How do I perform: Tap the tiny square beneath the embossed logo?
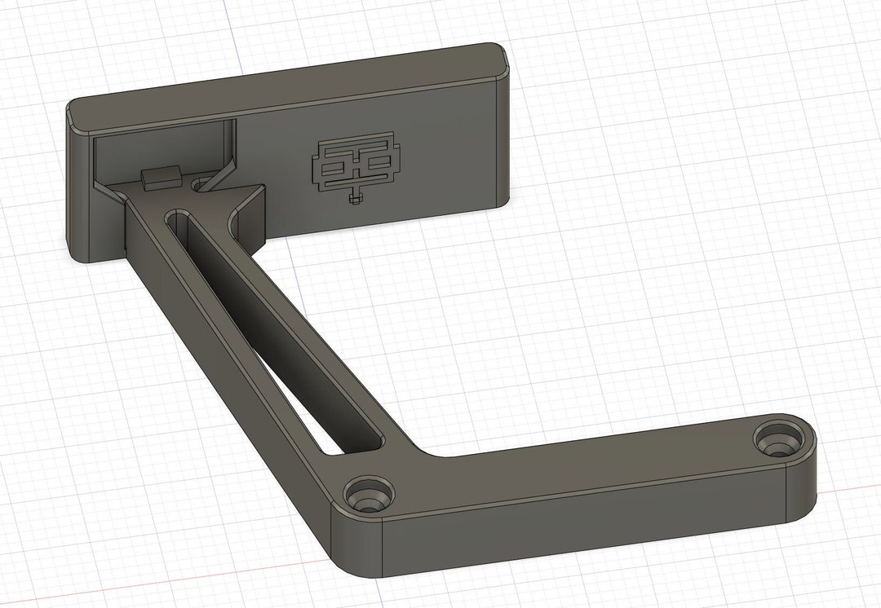[353, 197]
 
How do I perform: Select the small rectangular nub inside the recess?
[160, 177]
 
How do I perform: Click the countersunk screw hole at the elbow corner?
[367, 495]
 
